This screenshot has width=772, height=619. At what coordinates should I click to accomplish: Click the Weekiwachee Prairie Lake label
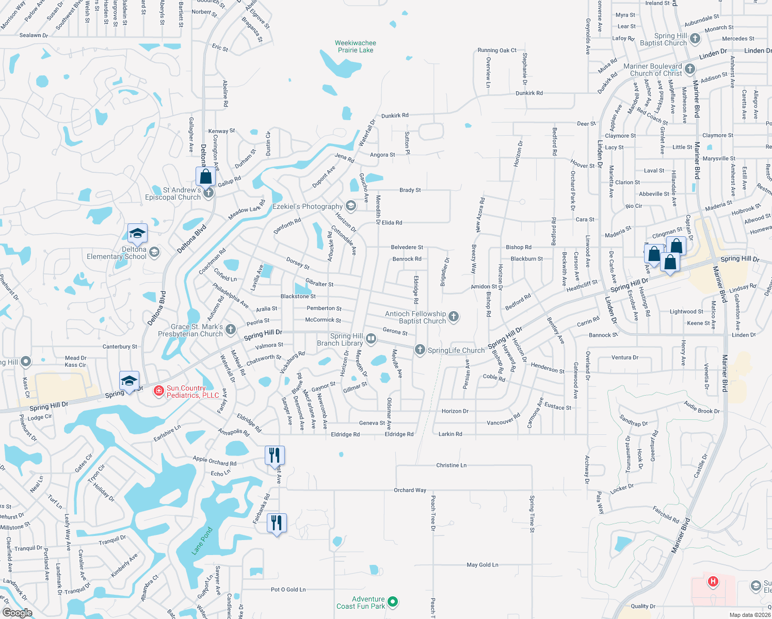(355, 46)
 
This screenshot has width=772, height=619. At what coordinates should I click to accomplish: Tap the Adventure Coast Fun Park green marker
(393, 601)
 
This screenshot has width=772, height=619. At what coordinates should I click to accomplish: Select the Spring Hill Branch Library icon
(371, 339)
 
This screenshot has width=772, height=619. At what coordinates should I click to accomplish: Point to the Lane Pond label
(202, 541)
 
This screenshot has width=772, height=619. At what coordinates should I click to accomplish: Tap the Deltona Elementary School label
(117, 253)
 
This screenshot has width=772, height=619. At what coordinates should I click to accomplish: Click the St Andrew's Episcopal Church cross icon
(208, 193)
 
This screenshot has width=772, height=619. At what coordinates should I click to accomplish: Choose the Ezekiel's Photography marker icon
(351, 206)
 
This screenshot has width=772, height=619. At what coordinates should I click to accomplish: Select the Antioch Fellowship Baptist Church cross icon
(454, 317)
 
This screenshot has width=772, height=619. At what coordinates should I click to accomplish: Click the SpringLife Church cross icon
(420, 350)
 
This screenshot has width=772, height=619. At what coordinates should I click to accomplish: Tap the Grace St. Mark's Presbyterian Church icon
(231, 329)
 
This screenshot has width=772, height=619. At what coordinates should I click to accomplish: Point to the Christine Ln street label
(451, 465)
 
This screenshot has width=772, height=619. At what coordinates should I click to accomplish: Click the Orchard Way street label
(410, 490)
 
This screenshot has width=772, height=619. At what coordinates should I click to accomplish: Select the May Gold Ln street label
(482, 565)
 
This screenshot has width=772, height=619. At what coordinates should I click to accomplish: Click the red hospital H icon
(713, 582)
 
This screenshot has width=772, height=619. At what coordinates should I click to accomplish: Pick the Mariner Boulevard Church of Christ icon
(690, 69)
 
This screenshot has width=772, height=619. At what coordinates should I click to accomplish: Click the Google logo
(17, 613)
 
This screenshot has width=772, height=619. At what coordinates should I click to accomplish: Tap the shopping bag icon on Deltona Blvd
(205, 176)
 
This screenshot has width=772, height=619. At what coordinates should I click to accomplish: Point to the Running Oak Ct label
(496, 51)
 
